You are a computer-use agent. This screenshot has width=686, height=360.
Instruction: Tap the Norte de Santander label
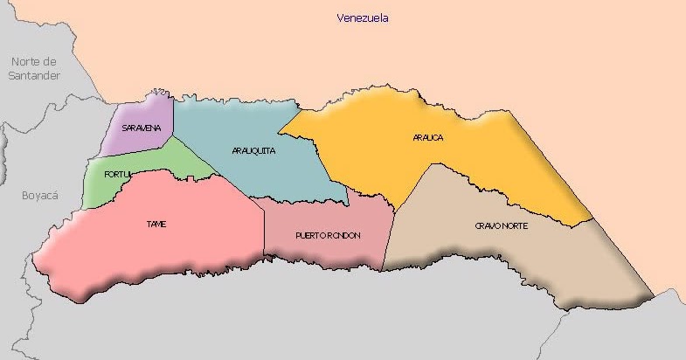pyautogui.click(x=35, y=68)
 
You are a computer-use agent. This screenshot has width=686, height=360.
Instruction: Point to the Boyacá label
pyautogui.click(x=39, y=196)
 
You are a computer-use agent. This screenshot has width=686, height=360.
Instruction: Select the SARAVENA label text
pyautogui.click(x=142, y=128)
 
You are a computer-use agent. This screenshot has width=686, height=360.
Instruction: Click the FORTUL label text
pyautogui.click(x=117, y=175)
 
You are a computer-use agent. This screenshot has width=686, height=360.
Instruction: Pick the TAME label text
pyautogui.click(x=156, y=225)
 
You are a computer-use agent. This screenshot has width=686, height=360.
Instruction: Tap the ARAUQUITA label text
pyautogui.click(x=254, y=150)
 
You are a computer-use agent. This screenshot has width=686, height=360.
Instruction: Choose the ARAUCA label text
pyautogui.click(x=428, y=137)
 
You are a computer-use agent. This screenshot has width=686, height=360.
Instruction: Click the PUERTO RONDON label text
pyautogui.click(x=328, y=236)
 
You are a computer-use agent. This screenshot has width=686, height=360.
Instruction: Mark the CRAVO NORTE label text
pyautogui.click(x=502, y=225)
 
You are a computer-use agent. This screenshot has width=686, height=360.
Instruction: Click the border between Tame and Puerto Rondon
pyautogui.click(x=264, y=232)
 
